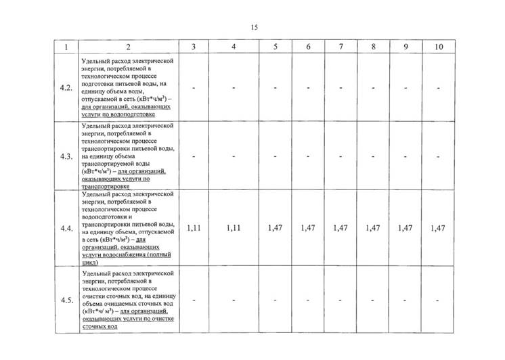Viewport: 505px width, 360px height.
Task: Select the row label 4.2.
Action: click(x=66, y=89)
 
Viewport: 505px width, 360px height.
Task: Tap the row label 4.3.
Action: click(x=66, y=156)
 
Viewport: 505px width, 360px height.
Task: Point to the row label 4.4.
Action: click(x=66, y=229)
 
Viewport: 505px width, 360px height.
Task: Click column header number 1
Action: click(x=66, y=47)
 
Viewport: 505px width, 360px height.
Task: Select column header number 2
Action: click(x=128, y=47)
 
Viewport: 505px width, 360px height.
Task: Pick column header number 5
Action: click(x=276, y=47)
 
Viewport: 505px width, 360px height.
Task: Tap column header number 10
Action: click(x=438, y=47)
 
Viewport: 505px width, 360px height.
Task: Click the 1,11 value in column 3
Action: click(x=194, y=228)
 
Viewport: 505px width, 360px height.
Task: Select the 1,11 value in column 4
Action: click(x=234, y=228)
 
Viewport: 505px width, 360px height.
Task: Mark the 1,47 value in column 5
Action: click(x=276, y=228)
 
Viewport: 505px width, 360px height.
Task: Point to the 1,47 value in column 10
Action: click(x=438, y=228)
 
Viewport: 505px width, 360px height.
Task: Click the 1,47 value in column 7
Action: click(x=341, y=228)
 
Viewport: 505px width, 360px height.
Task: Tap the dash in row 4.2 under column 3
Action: click(x=194, y=89)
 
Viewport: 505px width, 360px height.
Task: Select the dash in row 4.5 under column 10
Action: click(x=438, y=300)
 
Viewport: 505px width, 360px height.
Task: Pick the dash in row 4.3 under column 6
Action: click(x=308, y=156)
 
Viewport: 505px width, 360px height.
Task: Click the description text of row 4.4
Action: click(x=128, y=229)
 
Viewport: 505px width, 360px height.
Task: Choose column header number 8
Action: click(x=373, y=47)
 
